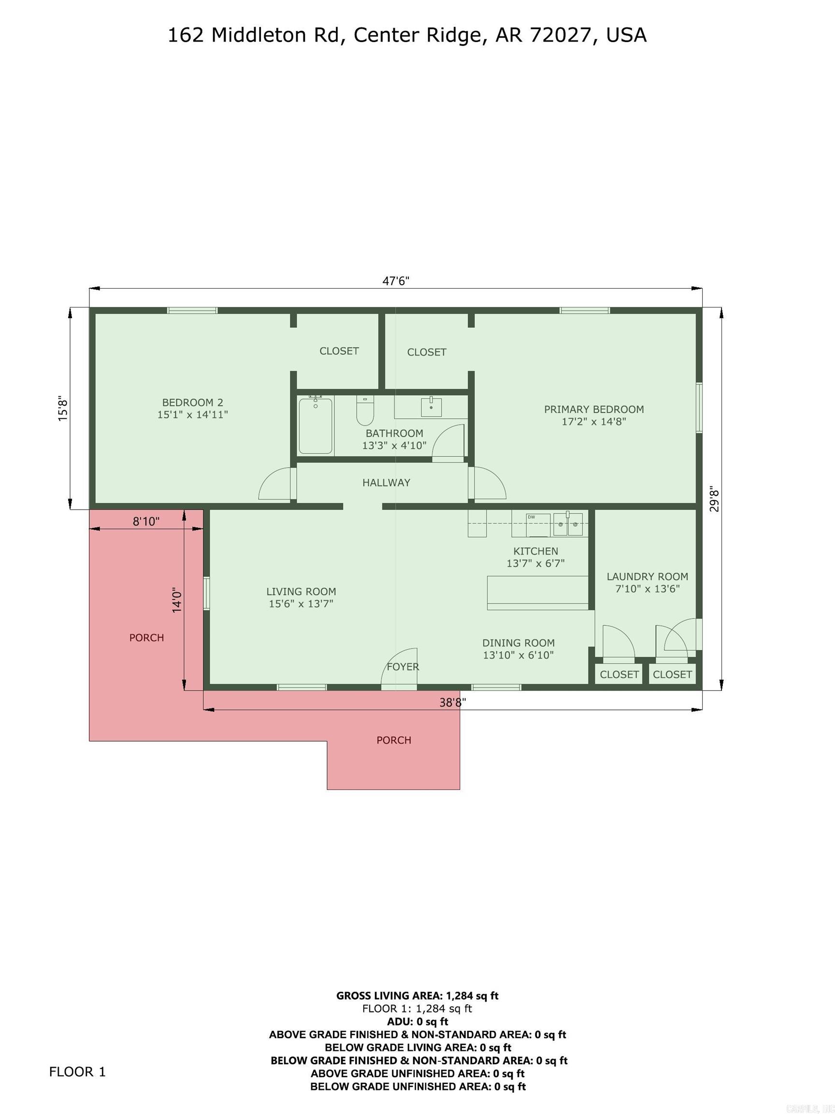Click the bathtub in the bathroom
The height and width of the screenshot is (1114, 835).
tap(315, 425)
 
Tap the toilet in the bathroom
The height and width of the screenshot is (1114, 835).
tap(365, 410)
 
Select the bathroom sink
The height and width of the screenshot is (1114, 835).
tap(431, 407)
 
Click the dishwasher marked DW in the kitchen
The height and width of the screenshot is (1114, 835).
tap(537, 525)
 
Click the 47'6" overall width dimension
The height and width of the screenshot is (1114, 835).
tap(396, 280)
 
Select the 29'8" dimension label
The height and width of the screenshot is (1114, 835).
tap(714, 498)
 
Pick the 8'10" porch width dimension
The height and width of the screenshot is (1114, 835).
tap(146, 521)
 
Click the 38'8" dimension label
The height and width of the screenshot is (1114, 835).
tap(452, 702)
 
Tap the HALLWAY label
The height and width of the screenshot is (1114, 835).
tap(386, 483)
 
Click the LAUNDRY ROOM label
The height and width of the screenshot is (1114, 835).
tap(647, 576)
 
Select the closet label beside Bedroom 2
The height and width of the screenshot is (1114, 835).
tap(339, 351)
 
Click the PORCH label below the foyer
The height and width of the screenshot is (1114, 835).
tap(394, 740)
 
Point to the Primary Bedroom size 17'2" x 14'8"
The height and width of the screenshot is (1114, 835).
tap(593, 422)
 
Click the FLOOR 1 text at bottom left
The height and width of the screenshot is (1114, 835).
tap(77, 1071)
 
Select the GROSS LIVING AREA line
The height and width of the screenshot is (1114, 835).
tap(417, 995)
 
